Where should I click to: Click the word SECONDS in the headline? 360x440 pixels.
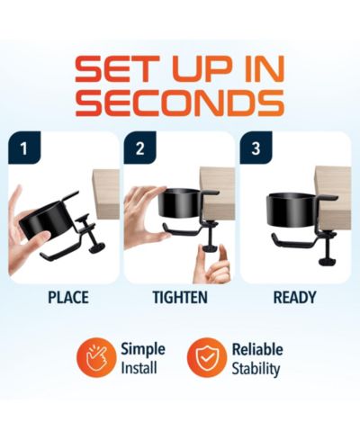[x=180, y=103]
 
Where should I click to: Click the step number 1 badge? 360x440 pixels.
[x=24, y=148]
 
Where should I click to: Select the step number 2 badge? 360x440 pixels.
[x=139, y=148]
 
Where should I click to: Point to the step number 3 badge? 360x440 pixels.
[x=256, y=148]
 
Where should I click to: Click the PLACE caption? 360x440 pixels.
[x=68, y=297]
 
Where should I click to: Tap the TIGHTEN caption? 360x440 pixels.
[x=180, y=297]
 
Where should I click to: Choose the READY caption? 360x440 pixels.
[x=294, y=297]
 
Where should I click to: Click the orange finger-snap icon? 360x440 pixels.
[x=96, y=357]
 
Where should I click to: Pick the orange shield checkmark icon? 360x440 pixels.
[x=207, y=357]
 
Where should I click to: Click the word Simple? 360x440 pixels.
[x=143, y=349]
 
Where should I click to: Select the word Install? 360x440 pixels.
[x=139, y=368]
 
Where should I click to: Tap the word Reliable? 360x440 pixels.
[x=257, y=349]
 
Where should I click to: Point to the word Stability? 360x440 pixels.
[x=256, y=369]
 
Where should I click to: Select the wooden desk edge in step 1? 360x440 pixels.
[x=106, y=193]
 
